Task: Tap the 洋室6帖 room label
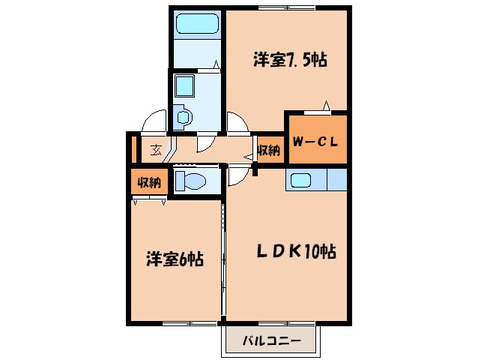pos(174,259)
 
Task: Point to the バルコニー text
pos(271,341)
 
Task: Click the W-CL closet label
pos(317,140)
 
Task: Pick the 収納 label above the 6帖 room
pos(149,182)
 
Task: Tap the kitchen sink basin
pos(303,181)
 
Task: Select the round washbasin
pos(183,117)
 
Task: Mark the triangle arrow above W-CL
pos(327,105)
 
